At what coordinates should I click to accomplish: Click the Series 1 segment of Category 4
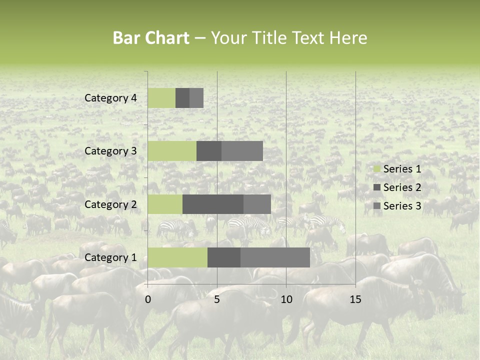(x=161, y=98)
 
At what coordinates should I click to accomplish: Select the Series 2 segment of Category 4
(x=182, y=98)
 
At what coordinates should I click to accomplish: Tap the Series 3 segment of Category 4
(x=196, y=98)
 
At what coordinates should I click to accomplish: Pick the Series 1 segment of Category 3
(x=172, y=151)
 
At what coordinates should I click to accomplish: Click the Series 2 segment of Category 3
(x=209, y=151)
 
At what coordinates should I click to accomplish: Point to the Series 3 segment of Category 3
(x=242, y=151)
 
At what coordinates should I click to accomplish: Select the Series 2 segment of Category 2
(x=213, y=204)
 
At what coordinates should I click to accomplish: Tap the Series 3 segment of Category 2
(x=257, y=204)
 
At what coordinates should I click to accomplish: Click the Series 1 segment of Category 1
(x=177, y=257)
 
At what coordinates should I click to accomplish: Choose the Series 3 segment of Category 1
(x=275, y=257)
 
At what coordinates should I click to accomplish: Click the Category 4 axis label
(x=110, y=98)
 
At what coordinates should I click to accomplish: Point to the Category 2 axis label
(x=110, y=204)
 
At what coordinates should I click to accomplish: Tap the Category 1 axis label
(x=110, y=258)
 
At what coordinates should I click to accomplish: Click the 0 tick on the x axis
(x=148, y=299)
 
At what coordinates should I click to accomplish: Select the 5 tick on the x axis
(x=217, y=299)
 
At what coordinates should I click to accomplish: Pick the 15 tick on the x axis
(x=355, y=299)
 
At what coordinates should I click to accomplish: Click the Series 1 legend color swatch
(x=376, y=169)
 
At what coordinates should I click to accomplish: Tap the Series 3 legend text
(x=402, y=206)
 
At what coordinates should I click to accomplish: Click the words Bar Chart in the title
(x=151, y=38)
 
